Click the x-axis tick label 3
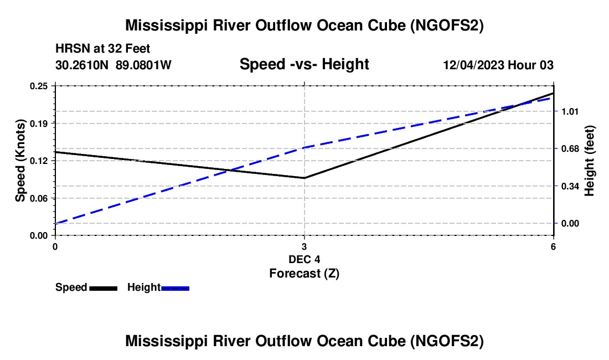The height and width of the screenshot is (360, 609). pos(304,246)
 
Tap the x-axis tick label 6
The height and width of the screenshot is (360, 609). pos(553,246)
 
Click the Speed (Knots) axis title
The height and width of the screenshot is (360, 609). pos(20,161)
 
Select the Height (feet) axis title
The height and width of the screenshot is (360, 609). pos(590,161)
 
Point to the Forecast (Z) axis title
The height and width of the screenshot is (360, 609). pos(304,273)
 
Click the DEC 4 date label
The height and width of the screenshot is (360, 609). pos(304,259)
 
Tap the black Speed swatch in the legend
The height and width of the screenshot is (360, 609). pos(104,287)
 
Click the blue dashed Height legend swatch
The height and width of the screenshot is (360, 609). pos(176,287)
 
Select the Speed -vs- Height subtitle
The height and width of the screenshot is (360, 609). pos(304,64)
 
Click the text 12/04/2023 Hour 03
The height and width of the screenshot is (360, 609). pos(498,65)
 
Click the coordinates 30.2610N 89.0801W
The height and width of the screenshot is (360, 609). pos(113,65)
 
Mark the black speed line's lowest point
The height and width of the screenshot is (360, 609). pos(304,178)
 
